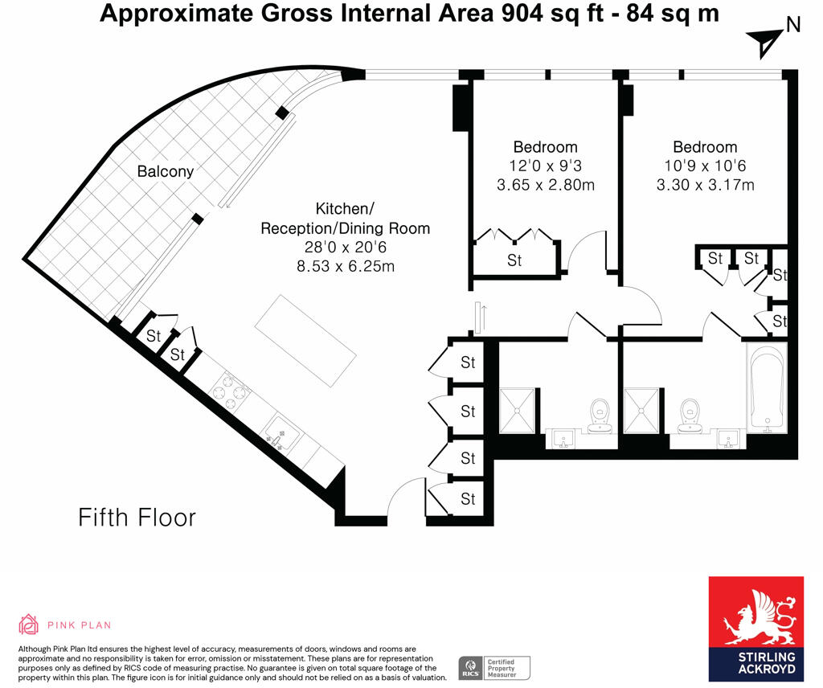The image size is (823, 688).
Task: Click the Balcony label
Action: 166,172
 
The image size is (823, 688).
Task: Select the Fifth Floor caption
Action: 137,518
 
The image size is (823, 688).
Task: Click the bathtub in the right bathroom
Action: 767,388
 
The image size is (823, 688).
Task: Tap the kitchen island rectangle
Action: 305,341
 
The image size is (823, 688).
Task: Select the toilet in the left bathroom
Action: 600,416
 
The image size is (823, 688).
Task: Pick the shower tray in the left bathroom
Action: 517,411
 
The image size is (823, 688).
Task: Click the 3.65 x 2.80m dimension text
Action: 546,185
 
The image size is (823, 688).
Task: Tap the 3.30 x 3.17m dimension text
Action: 705,185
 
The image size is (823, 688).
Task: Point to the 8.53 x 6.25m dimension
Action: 346,266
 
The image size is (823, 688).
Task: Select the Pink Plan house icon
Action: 29,625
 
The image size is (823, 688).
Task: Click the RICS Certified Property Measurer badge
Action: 494,668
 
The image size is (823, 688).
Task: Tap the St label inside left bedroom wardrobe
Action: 514,260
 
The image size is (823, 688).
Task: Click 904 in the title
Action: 522,13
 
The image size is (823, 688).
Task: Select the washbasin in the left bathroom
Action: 563,439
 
